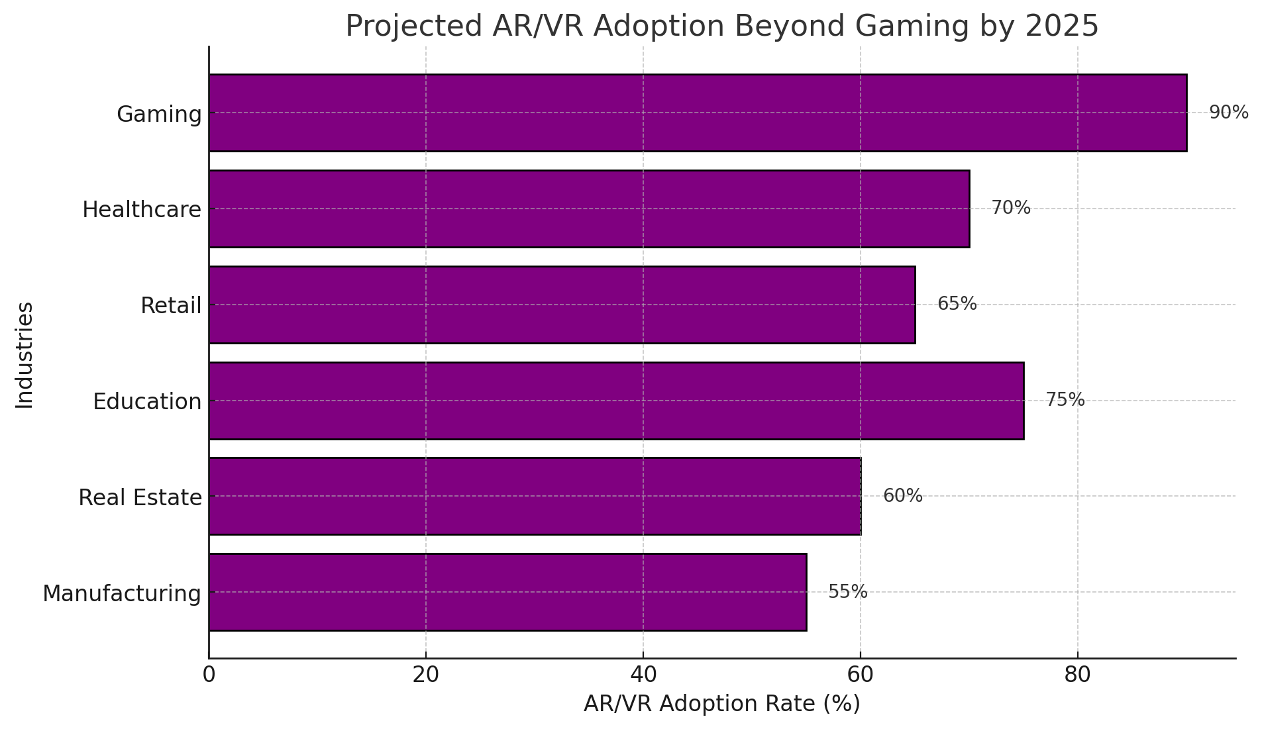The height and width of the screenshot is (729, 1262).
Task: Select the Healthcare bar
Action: (x=589, y=209)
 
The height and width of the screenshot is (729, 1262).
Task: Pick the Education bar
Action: (x=616, y=401)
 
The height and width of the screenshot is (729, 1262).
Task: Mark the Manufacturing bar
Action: (x=507, y=593)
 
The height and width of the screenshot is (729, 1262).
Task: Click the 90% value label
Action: (x=1228, y=113)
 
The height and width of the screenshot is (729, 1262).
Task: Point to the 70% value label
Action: (x=1010, y=209)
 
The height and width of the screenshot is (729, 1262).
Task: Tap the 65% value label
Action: (x=957, y=305)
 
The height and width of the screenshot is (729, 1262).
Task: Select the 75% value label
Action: (x=1065, y=401)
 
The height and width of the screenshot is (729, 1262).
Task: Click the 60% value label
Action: (x=902, y=496)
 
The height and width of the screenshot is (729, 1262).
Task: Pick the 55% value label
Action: (x=847, y=592)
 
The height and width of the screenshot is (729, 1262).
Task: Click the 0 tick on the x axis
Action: (x=209, y=675)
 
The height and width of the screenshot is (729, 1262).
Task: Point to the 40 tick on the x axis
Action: (x=643, y=675)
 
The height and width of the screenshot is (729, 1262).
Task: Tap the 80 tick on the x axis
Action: (x=1077, y=675)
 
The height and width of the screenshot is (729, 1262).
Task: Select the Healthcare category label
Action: (x=142, y=210)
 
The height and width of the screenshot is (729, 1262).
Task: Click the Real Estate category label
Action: (x=140, y=497)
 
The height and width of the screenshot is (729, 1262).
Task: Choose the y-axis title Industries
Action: (x=25, y=356)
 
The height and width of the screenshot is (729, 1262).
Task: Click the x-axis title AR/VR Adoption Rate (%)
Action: (x=721, y=705)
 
